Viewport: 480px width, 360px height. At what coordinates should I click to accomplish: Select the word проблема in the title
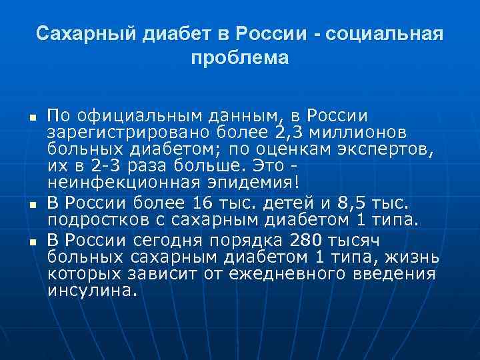coord(239,59)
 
